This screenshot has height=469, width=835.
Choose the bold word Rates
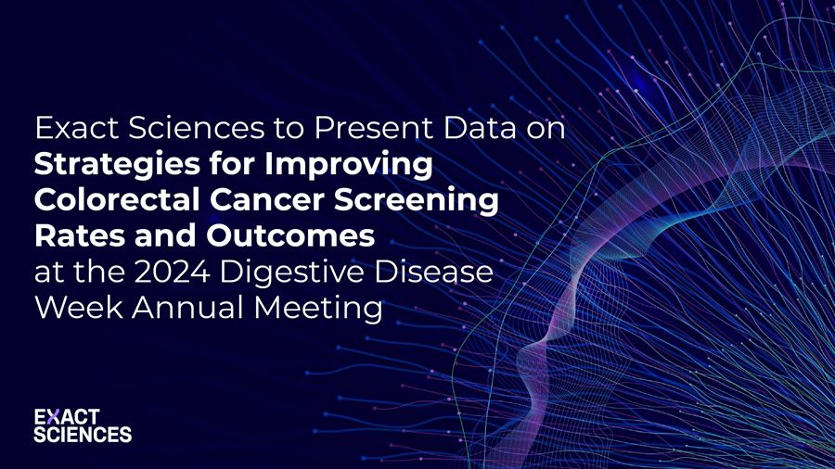(x=71, y=236)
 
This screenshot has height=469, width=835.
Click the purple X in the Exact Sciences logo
(x=53, y=418)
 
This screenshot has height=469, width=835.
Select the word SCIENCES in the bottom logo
(x=83, y=435)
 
